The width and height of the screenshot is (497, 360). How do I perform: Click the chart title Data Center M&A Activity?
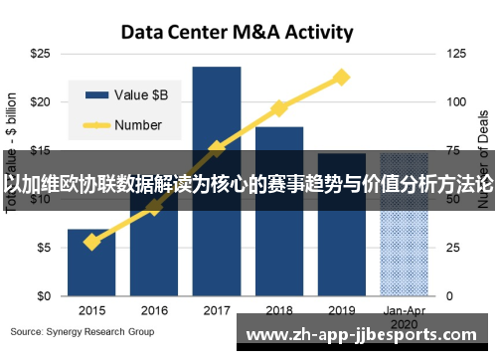(237, 32)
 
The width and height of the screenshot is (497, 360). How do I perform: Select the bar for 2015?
(91, 263)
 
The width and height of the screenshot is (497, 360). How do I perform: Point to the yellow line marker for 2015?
(91, 242)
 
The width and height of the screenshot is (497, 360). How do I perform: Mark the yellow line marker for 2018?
(279, 107)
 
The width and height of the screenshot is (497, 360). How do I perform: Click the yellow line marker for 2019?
(342, 77)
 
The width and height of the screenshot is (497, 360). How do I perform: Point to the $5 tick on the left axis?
(43, 248)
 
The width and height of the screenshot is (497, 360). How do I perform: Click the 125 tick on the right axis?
(455, 53)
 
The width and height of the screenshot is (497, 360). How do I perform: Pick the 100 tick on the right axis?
(455, 101)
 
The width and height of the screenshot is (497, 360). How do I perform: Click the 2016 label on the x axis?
(154, 310)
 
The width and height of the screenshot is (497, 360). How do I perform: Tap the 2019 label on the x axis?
(342, 310)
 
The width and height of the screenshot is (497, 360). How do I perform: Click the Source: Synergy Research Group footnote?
(83, 330)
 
